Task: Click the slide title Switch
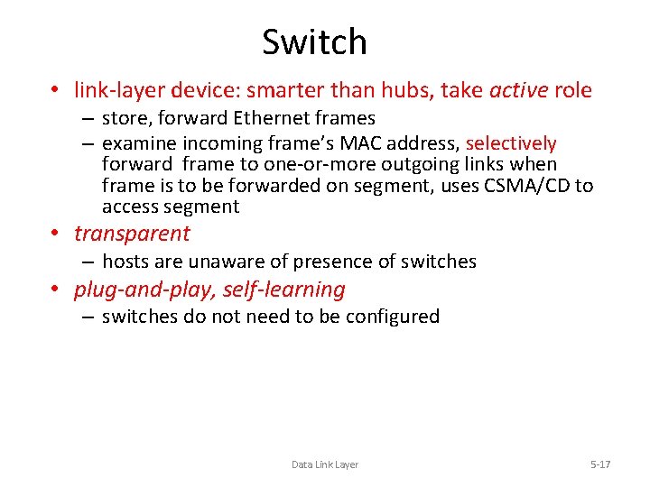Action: pyautogui.click(x=314, y=42)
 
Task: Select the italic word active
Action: pyautogui.click(x=518, y=90)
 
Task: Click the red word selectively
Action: pyautogui.click(x=511, y=143)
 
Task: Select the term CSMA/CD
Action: pyautogui.click(x=529, y=186)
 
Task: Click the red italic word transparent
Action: pyautogui.click(x=132, y=234)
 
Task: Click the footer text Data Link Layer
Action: pyautogui.click(x=324, y=464)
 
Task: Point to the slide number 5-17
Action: pyautogui.click(x=600, y=464)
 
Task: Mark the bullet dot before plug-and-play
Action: pyautogui.click(x=56, y=289)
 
